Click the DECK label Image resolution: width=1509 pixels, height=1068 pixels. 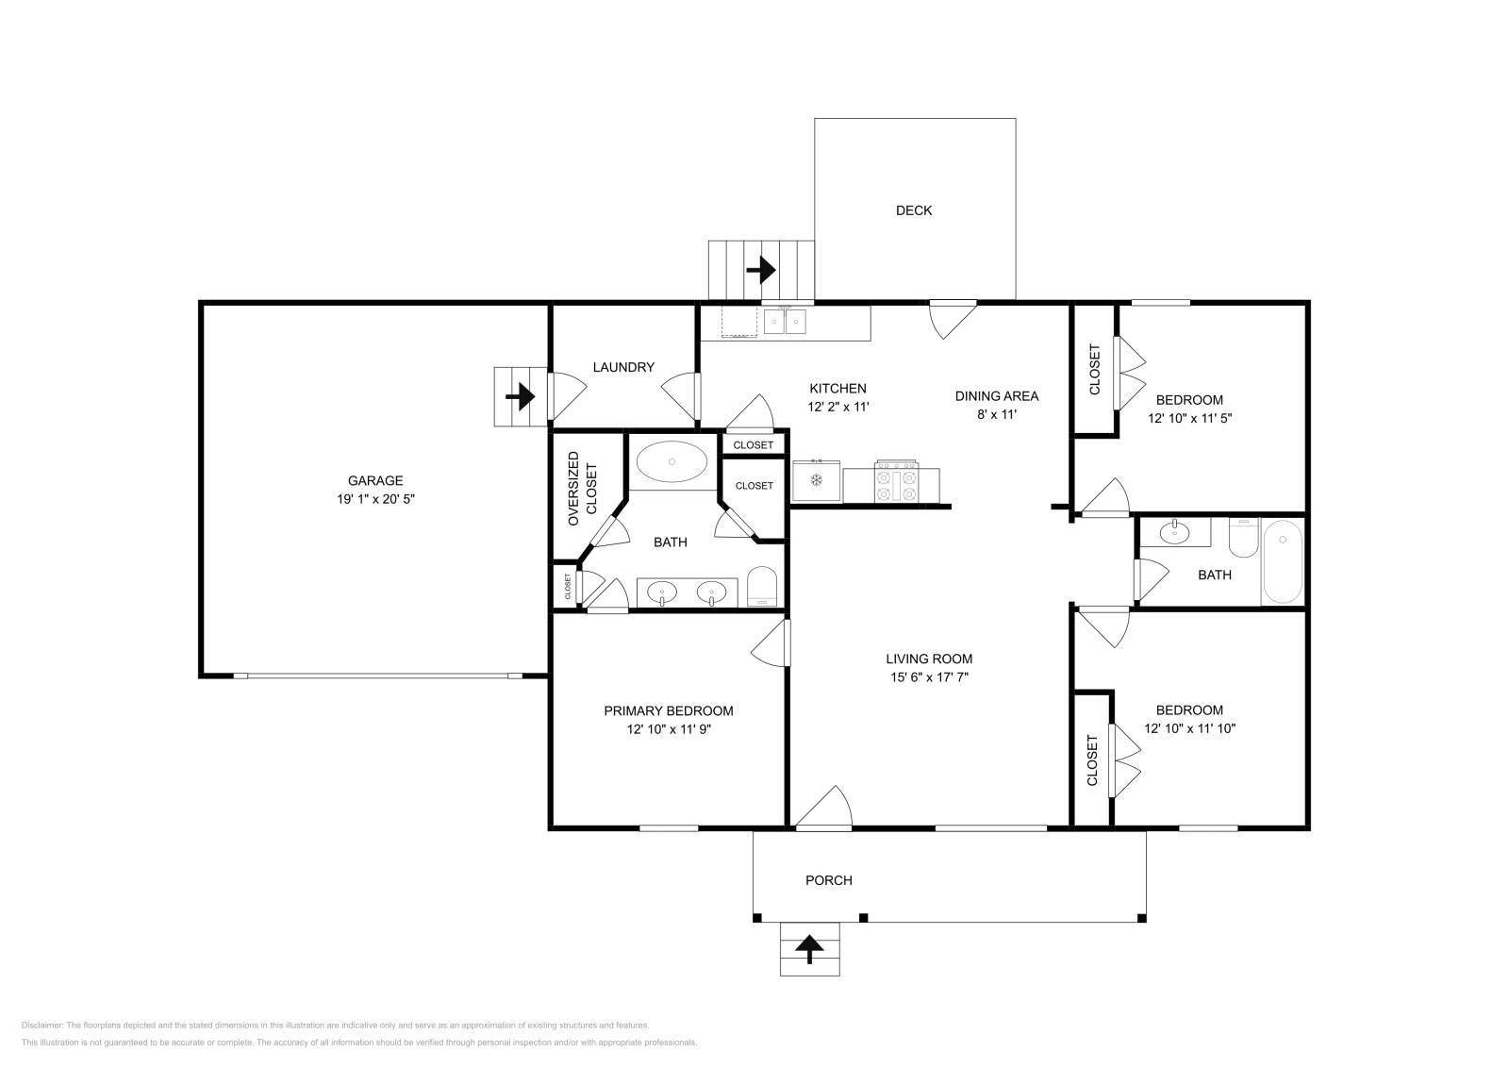coord(913,210)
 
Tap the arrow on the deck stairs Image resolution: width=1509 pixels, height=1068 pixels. coord(760,271)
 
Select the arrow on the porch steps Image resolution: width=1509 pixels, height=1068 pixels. coord(809,948)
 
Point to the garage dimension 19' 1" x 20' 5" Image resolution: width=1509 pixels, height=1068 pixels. coord(375,499)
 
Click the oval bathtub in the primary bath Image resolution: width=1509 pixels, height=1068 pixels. coord(672,462)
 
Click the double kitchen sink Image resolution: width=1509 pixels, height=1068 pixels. coord(785,322)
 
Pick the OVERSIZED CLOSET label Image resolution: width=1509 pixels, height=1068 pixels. coord(582,489)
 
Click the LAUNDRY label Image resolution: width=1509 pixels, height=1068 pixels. coord(623,367)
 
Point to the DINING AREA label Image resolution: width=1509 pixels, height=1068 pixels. coord(996,396)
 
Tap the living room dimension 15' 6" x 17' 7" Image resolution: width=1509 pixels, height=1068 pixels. coord(929,677)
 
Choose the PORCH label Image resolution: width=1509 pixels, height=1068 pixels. coord(828,880)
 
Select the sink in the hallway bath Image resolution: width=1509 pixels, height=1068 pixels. coord(1174,533)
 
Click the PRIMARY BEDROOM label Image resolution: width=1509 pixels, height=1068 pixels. coord(668,710)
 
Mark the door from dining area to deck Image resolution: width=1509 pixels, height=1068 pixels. coord(951,319)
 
